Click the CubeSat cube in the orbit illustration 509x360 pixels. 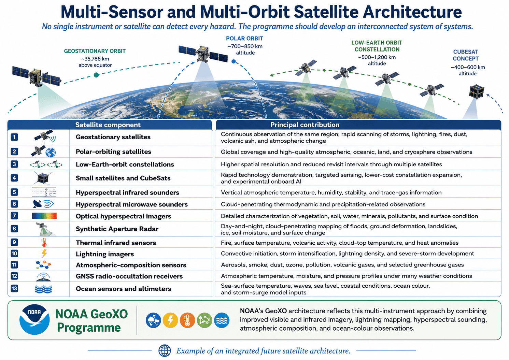point(477,91)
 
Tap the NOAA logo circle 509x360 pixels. point(34,320)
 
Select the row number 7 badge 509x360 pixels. point(14,215)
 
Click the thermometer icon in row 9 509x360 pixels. point(44,242)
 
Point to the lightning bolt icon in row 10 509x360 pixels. point(44,254)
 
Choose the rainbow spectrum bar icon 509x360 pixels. point(44,216)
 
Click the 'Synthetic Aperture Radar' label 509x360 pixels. point(117,229)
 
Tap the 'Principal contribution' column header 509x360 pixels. point(305,125)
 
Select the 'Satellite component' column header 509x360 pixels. point(108,125)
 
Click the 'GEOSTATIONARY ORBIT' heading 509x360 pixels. point(95,51)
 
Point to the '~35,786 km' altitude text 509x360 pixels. point(95,59)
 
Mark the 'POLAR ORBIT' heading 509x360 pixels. point(244,38)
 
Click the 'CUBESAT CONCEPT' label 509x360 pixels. point(466,55)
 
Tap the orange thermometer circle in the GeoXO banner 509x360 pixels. point(187,320)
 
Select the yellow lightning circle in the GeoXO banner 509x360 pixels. point(170,320)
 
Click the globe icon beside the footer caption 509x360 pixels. point(165,350)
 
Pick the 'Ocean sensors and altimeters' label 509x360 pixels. point(123,289)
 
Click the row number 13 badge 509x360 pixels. point(14,288)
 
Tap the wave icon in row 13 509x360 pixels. point(43,289)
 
